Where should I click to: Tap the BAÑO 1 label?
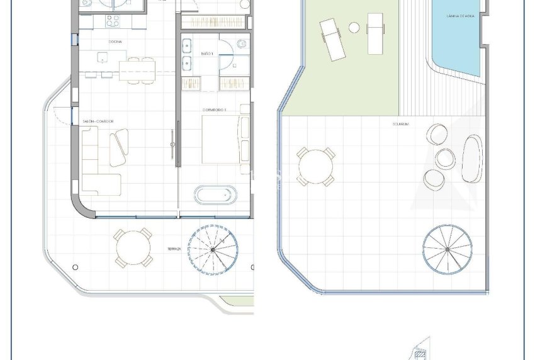point(207,54)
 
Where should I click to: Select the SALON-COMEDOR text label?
point(99,121)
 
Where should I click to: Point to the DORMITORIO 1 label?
point(215,110)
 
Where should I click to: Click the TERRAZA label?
point(174,249)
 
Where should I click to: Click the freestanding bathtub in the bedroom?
point(215,194)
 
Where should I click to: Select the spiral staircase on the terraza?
point(213,249)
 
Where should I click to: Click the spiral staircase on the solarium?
point(448,249)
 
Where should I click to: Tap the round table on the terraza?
point(133,247)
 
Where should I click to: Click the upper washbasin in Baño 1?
point(187,46)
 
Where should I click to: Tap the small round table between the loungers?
point(354,28)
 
